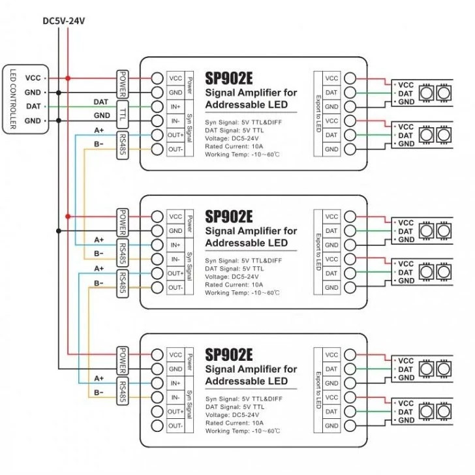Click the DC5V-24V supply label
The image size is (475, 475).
click(x=63, y=21)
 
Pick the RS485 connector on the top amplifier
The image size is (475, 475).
click(x=123, y=142)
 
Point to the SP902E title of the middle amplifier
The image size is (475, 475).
click(x=228, y=216)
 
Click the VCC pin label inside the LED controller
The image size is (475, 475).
click(x=33, y=78)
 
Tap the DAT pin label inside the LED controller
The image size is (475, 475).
click(x=33, y=106)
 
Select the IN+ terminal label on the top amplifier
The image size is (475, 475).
click(x=176, y=106)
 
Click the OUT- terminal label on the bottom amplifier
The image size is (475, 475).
click(x=176, y=426)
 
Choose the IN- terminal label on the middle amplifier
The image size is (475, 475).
click(x=176, y=259)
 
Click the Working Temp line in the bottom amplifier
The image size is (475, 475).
click(x=243, y=431)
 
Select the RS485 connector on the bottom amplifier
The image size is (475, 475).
click(x=123, y=390)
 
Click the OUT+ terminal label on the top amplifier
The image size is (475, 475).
click(x=176, y=134)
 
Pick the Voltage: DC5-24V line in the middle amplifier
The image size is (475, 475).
click(x=232, y=276)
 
